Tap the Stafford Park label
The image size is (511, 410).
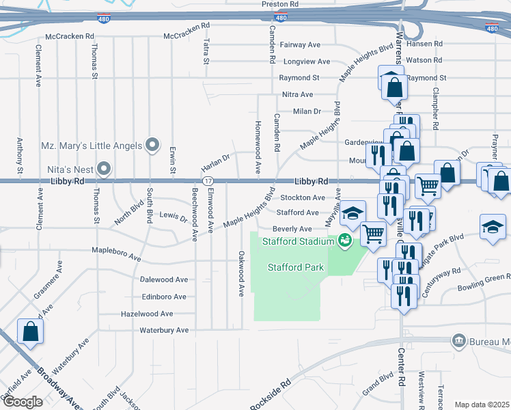pyautogui.click(x=295, y=267)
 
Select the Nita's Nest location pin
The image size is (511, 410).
pyautogui.click(x=105, y=167)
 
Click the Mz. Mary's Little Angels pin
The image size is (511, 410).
pyautogui.click(x=152, y=146)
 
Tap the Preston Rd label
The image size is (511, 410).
pyautogui.click(x=280, y=4)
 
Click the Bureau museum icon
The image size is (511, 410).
pyautogui.click(x=458, y=340)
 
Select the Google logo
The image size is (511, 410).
pyautogui.click(x=23, y=402)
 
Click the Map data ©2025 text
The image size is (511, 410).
pyautogui.click(x=482, y=405)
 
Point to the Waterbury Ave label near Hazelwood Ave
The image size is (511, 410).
pyautogui.click(x=163, y=330)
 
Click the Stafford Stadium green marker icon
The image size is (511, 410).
pyautogui.click(x=344, y=240)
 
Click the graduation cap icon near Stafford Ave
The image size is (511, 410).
pyautogui.click(x=353, y=213)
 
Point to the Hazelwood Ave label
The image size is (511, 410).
pyautogui.click(x=147, y=314)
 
